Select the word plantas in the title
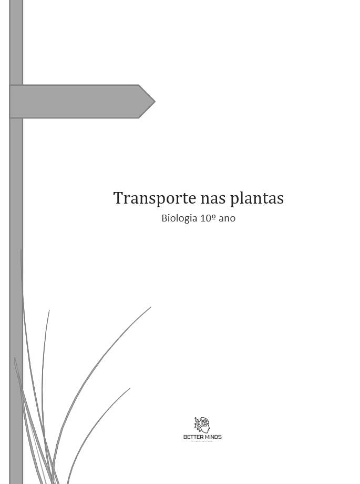point(257,198)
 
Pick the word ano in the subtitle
point(227,218)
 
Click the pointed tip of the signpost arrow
point(154,101)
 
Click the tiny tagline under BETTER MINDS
point(202,441)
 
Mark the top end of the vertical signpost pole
point(16,2)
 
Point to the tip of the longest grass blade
point(151,307)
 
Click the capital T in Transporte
point(118,198)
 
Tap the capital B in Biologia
point(164,218)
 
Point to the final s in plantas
point(281,199)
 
